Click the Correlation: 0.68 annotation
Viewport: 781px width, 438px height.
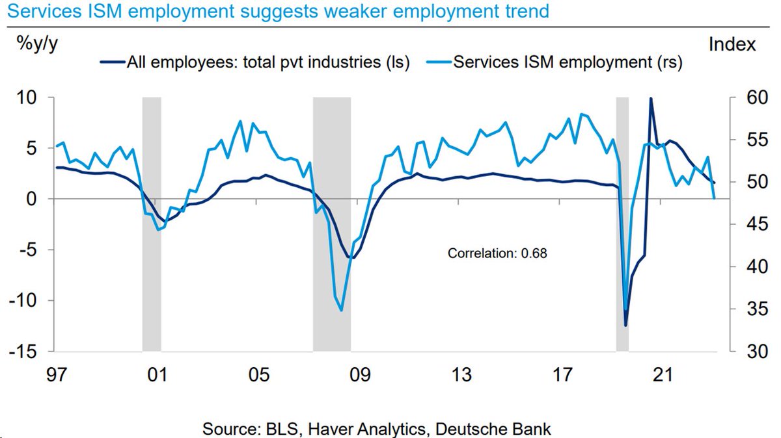tap(497, 253)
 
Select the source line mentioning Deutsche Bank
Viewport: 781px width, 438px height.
tap(377, 429)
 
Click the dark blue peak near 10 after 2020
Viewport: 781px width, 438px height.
tap(651, 99)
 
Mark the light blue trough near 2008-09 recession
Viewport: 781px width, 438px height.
tap(342, 310)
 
